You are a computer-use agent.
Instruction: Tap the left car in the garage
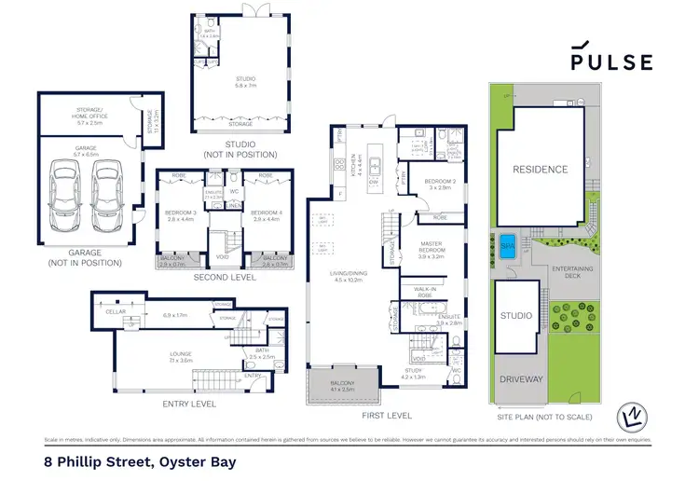[63, 189]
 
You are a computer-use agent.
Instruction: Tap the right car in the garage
[109, 189]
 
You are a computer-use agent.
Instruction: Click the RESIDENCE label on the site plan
[539, 170]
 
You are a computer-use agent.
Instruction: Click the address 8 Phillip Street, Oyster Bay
[140, 461]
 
